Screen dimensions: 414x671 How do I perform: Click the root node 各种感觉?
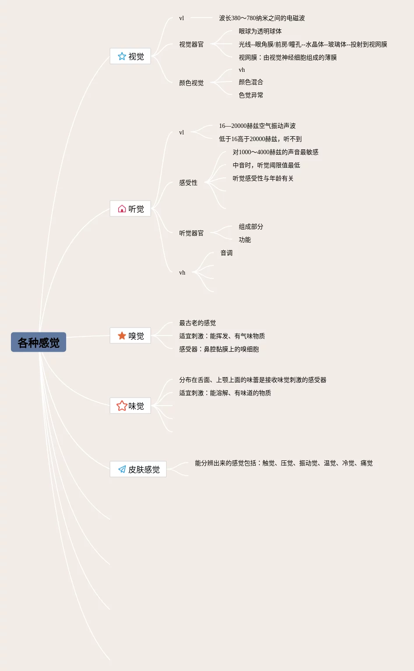(39, 342)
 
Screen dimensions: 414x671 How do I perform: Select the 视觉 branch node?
(131, 57)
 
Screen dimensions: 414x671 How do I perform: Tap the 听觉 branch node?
(131, 209)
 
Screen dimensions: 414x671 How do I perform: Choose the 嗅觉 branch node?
(131, 336)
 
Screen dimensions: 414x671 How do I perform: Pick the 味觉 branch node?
(131, 406)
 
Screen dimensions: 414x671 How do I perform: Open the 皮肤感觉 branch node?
(138, 470)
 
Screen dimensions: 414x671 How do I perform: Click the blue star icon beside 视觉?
(122, 57)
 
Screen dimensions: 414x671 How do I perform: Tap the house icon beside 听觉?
(122, 209)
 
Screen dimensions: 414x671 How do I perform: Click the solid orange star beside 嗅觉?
(122, 336)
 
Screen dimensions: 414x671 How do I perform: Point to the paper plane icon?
(122, 470)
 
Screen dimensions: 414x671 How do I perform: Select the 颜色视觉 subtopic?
(191, 83)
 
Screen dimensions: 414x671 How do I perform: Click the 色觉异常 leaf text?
(251, 95)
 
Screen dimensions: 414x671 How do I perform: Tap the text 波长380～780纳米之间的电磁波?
(262, 18)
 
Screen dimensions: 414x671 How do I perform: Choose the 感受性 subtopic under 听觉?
(188, 183)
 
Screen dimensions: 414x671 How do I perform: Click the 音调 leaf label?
(226, 253)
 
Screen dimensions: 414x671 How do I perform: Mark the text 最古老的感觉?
(197, 323)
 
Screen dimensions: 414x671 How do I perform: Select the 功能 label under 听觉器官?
(244, 240)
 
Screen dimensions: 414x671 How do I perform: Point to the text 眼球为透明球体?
(260, 31)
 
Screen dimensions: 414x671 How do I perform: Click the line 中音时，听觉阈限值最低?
(266, 165)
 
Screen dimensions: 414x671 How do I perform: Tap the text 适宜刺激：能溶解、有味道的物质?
(225, 393)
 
